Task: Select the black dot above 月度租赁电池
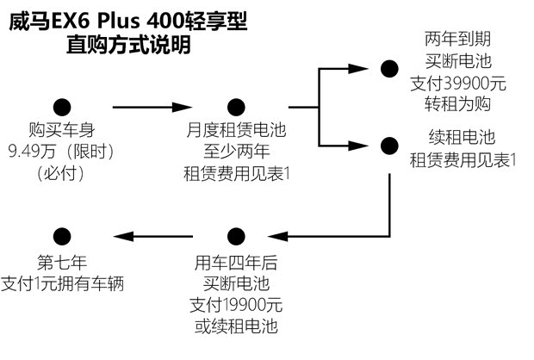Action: (x=237, y=108)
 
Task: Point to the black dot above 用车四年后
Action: (x=237, y=234)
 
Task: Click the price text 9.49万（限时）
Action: (x=61, y=152)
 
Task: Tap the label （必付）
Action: (x=61, y=172)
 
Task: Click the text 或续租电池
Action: (x=237, y=326)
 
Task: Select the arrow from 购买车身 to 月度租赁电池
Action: (x=151, y=108)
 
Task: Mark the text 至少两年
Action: (x=237, y=152)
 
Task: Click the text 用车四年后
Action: (x=237, y=261)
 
